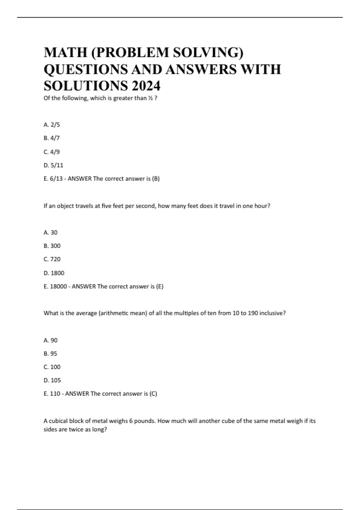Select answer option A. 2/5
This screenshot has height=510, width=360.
(x=52, y=125)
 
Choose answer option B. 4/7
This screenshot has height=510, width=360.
(x=52, y=138)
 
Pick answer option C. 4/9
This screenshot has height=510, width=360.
(x=52, y=152)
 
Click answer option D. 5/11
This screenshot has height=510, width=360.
(x=53, y=165)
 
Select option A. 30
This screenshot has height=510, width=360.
(x=50, y=232)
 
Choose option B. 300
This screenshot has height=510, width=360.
(x=52, y=246)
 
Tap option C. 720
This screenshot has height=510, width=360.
(x=52, y=259)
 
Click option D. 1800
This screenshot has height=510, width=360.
(x=54, y=273)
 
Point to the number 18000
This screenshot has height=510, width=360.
(x=58, y=286)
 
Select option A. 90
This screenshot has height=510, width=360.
(x=50, y=340)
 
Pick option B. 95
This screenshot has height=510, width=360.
(x=50, y=354)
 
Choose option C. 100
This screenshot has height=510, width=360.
(x=52, y=367)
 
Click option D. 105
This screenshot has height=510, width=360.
(x=52, y=380)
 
